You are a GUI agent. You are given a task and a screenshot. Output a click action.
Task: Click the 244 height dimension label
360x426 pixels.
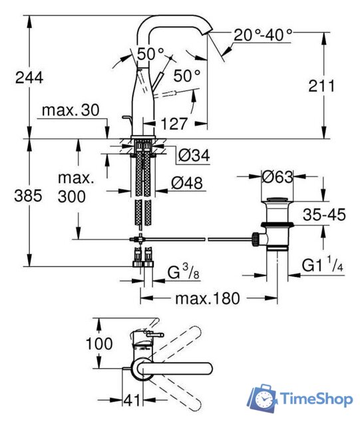pyautogui.click(x=29, y=78)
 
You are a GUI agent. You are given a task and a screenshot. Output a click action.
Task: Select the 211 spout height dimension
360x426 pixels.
pyautogui.click(x=321, y=86)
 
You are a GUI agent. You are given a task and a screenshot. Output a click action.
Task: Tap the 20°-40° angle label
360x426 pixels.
pyautogui.click(x=263, y=35)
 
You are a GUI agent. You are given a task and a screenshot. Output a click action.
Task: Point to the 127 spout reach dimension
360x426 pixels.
pyautogui.click(x=174, y=124)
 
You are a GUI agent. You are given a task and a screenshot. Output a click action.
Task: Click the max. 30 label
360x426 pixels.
pyautogui.click(x=71, y=110)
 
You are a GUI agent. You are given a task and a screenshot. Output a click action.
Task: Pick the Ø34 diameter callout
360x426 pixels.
pyautogui.click(x=194, y=155)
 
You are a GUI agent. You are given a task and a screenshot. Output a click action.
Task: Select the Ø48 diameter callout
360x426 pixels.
pyautogui.click(x=187, y=183)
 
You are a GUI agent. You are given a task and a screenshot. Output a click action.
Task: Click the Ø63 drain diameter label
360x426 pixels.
pyautogui.click(x=277, y=177)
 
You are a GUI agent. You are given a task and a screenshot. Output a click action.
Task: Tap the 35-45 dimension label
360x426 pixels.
pyautogui.click(x=324, y=214)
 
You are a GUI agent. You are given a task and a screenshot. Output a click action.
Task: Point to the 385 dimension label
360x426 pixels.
pyautogui.click(x=28, y=196)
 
